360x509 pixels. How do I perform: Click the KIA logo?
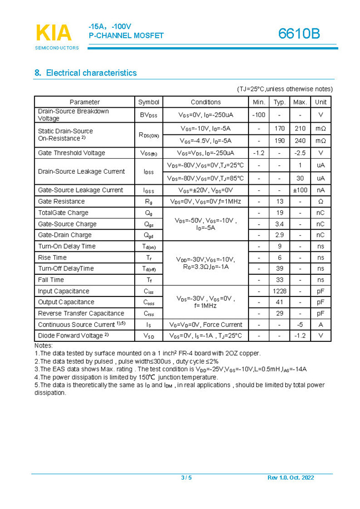[x=54, y=33]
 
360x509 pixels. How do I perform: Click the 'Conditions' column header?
[x=205, y=102]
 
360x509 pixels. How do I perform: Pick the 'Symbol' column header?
[x=149, y=102]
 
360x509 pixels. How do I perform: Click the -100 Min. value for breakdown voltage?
[x=258, y=115]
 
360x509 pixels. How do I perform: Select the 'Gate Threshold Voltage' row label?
[x=71, y=153]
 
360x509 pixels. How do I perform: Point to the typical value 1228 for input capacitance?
[x=279, y=291]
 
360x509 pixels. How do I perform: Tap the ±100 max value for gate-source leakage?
[x=300, y=190]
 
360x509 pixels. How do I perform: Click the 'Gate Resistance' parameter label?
[x=61, y=201]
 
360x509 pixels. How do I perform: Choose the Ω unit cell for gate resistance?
[x=321, y=201]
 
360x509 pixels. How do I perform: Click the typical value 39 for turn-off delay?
[x=279, y=269]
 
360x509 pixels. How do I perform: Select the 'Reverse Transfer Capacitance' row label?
[x=81, y=313]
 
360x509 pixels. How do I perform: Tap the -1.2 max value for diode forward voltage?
[x=300, y=336]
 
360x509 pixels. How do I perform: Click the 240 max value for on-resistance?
[x=300, y=141]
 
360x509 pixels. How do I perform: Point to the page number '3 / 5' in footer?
[x=186, y=478]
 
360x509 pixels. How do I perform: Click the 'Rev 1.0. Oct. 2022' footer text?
[x=291, y=478]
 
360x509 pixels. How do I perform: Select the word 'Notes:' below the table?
[x=43, y=345]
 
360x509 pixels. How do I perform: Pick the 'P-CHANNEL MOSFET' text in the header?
[x=126, y=36]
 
